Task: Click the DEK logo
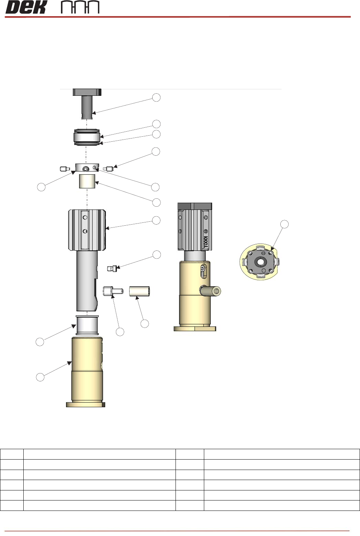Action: tap(25, 7)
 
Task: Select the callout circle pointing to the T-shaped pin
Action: tap(156, 97)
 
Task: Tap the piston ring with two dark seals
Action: tap(87, 137)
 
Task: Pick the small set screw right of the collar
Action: tap(108, 169)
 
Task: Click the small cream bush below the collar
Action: tap(87, 181)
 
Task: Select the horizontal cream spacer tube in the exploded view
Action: tap(139, 291)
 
